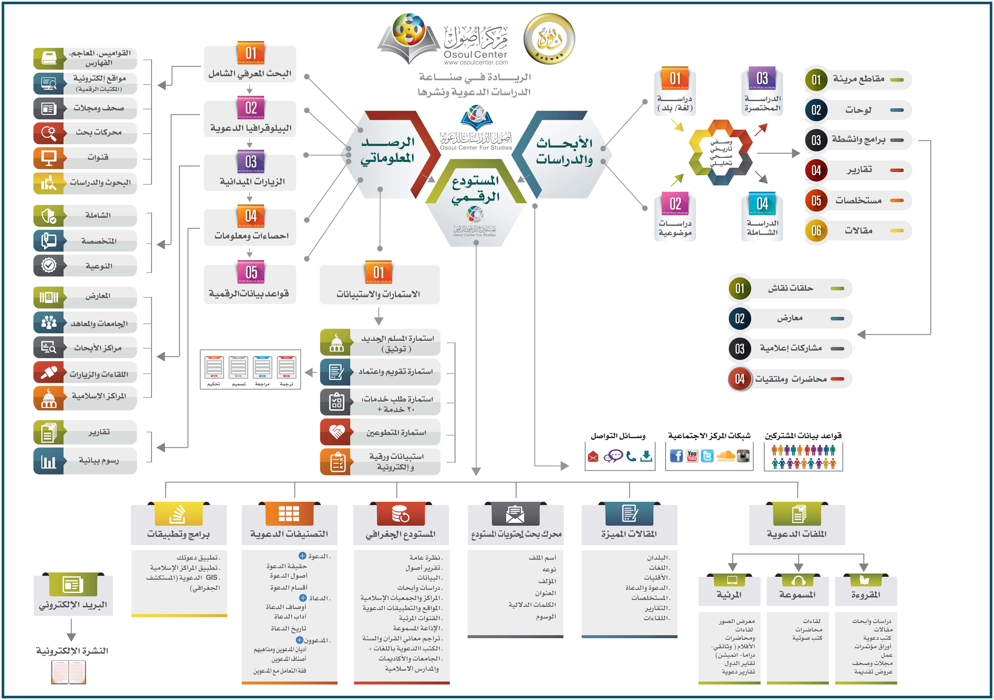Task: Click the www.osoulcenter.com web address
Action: click(476, 63)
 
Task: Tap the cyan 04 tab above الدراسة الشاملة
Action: click(762, 203)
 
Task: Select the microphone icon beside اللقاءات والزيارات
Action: click(49, 373)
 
